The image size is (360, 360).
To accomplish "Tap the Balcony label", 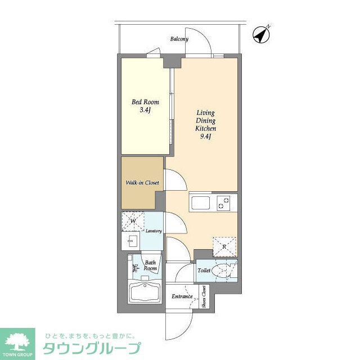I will [x=179, y=39].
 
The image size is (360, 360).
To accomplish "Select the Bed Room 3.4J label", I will [x=145, y=106].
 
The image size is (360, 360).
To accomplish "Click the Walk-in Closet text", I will [x=142, y=183].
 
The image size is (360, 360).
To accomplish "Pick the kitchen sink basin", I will [x=200, y=202].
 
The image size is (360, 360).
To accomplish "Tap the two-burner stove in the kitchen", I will [x=224, y=202].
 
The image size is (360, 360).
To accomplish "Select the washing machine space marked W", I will [x=133, y=221].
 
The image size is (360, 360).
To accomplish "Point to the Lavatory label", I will [x=154, y=231].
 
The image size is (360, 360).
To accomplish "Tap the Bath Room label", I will [x=150, y=265].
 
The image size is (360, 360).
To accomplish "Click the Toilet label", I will [x=204, y=271].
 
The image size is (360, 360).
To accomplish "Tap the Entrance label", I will [x=182, y=296].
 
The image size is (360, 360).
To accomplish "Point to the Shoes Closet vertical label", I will [x=204, y=298].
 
